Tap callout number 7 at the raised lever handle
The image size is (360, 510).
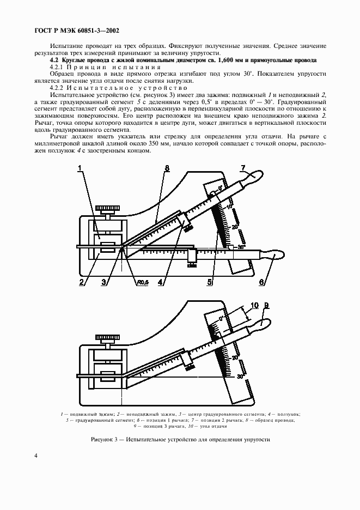click(x=244, y=168)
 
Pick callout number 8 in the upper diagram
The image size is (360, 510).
click(x=167, y=168)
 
